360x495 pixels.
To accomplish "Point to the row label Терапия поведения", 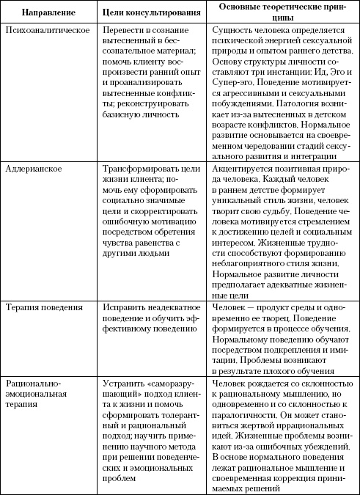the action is click(43, 309).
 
